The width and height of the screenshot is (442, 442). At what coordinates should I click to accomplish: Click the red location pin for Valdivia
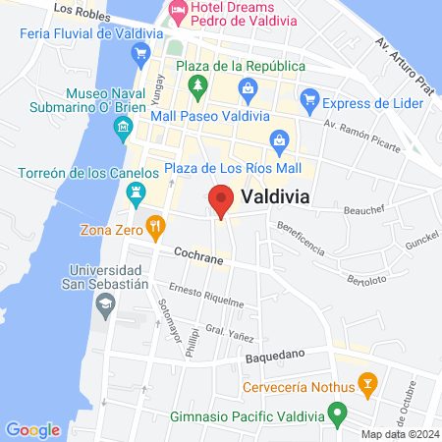[x=221, y=199]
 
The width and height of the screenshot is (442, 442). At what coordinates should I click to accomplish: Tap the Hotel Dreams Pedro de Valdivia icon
[x=177, y=13]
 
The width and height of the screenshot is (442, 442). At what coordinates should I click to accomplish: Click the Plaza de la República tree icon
[x=196, y=86]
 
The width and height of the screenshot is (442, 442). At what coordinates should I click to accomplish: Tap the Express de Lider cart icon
[x=310, y=100]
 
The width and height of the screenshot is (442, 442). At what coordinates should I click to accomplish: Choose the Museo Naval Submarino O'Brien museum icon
[x=123, y=126]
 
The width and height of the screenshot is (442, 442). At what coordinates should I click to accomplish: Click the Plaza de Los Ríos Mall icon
[x=279, y=140]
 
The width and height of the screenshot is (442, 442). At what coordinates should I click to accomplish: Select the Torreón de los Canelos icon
[x=138, y=193]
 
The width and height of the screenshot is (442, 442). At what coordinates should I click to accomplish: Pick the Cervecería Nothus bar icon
[x=367, y=381]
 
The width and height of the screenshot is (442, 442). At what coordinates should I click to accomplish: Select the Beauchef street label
[x=366, y=208]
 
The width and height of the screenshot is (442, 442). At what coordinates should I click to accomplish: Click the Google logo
[x=32, y=429]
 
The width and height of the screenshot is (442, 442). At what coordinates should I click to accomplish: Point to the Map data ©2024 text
[x=398, y=434]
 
